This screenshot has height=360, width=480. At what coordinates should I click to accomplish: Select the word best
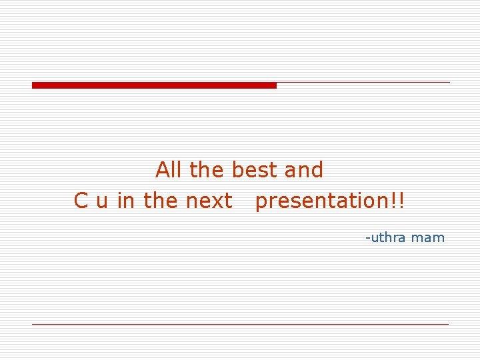tap(255, 170)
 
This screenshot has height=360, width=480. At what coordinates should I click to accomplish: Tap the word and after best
tap(303, 170)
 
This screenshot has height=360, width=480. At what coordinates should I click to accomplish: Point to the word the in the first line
tap(207, 170)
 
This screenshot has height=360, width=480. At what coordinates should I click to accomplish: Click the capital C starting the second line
tap(81, 200)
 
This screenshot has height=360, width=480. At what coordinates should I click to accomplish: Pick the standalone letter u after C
tap(102, 201)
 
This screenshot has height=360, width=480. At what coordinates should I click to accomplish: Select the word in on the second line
tap(125, 200)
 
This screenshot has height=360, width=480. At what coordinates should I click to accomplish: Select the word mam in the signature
tap(428, 238)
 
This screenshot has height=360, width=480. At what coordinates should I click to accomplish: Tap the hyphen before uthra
tap(367, 238)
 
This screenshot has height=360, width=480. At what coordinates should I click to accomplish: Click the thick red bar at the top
tap(154, 85)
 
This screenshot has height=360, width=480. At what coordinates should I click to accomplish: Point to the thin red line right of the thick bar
tap(363, 83)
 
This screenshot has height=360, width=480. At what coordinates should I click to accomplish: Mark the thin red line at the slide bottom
tap(240, 324)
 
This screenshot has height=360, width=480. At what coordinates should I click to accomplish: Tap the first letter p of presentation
tap(261, 203)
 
